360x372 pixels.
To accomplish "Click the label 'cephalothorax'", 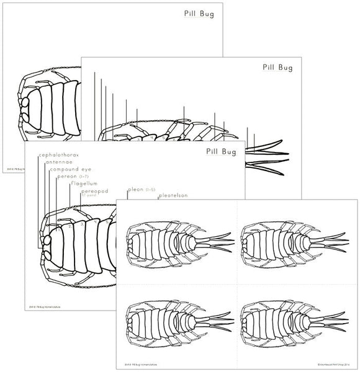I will coord(59,154).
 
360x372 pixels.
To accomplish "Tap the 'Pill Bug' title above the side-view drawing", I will coord(279,65).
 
